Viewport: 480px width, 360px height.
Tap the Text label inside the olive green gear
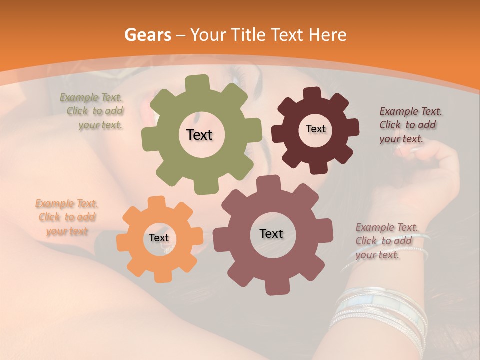(x=199, y=135)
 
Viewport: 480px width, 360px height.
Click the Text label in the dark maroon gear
(x=315, y=129)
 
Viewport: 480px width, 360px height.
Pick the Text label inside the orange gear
(x=159, y=238)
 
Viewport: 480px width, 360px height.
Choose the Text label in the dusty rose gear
(x=271, y=233)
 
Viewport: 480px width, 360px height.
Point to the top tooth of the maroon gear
(x=312, y=94)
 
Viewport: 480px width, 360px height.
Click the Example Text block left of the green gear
(x=92, y=111)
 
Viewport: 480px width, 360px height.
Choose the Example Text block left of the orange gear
(x=67, y=217)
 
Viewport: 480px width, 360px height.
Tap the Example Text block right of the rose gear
(x=385, y=241)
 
